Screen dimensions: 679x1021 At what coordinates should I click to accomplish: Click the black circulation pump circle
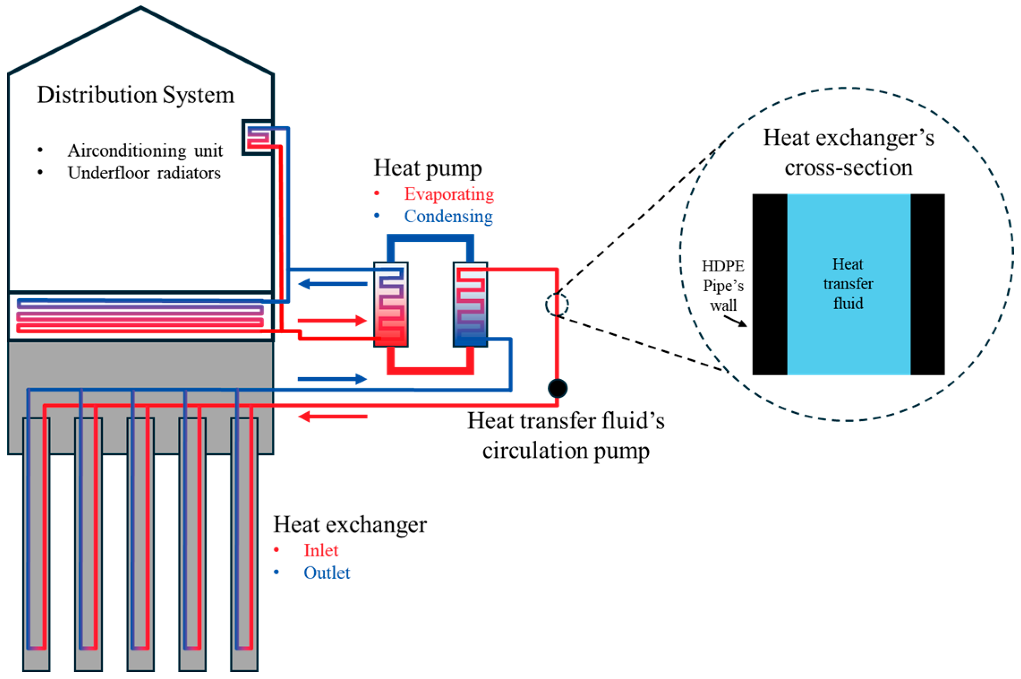click(x=557, y=388)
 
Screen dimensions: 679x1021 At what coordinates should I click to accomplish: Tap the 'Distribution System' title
click(x=135, y=95)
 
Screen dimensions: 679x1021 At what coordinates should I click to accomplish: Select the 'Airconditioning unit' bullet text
click(x=145, y=150)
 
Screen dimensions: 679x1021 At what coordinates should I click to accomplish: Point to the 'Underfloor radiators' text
click(x=144, y=173)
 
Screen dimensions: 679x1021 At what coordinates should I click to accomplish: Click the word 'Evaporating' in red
click(x=449, y=194)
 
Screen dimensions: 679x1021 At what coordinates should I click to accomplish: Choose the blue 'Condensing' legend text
click(x=448, y=216)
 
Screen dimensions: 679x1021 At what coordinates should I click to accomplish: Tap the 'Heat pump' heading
click(x=427, y=168)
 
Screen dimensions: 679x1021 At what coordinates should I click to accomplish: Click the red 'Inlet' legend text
click(x=321, y=550)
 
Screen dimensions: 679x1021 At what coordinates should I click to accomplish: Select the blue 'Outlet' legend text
click(x=327, y=573)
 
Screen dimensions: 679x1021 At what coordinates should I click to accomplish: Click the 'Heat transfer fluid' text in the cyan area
click(x=848, y=284)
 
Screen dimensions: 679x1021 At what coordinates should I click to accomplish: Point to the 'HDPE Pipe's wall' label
click(x=723, y=285)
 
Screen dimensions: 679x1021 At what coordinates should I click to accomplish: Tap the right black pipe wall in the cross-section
click(x=927, y=284)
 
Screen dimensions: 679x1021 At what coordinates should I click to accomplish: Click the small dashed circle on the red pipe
click(x=557, y=305)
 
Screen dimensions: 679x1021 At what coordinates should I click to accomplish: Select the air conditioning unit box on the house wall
click(x=257, y=137)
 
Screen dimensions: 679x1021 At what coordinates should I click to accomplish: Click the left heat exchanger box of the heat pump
click(x=391, y=304)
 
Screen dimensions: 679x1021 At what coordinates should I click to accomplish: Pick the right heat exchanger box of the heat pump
click(x=470, y=304)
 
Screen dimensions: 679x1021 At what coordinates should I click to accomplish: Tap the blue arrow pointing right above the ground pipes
click(x=333, y=379)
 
